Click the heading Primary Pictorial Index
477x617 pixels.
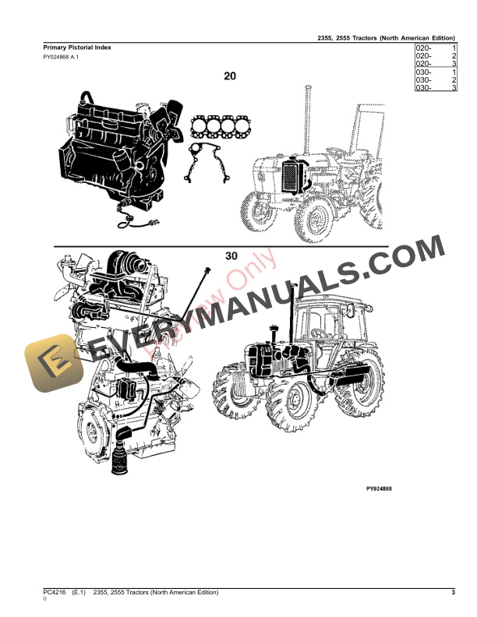[x=77, y=48]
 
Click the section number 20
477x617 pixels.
[x=230, y=76]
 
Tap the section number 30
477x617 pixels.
[x=231, y=256]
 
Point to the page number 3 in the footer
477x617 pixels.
[x=453, y=594]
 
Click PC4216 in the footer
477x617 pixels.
[x=55, y=594]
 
